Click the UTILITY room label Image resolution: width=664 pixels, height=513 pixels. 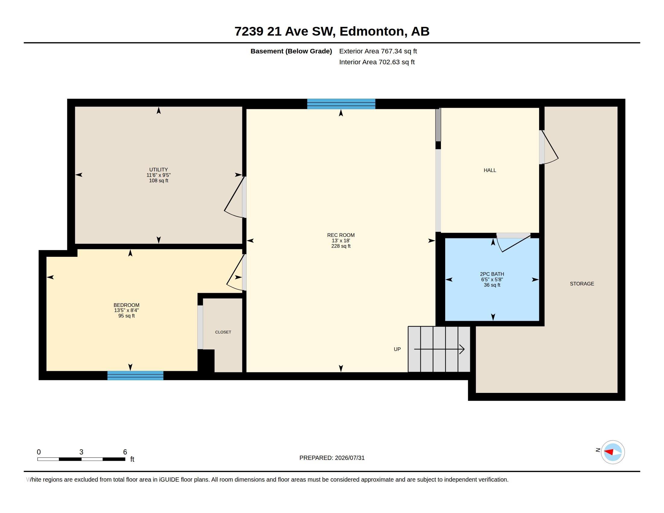(x=158, y=170)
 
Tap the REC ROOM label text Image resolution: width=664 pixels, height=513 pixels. (x=341, y=235)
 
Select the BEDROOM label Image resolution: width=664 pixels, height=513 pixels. (x=126, y=305)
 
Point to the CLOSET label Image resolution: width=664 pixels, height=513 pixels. (x=223, y=332)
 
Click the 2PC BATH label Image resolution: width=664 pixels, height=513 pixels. (x=492, y=274)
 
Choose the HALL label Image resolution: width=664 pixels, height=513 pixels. (x=490, y=170)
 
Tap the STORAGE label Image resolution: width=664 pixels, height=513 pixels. (x=582, y=284)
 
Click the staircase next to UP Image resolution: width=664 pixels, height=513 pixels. (x=439, y=349)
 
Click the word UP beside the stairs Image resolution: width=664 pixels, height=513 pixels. (x=397, y=349)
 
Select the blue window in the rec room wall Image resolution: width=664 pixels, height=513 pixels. (x=341, y=104)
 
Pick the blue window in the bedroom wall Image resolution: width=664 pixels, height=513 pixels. (x=135, y=375)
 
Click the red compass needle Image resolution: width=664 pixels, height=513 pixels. (x=608, y=452)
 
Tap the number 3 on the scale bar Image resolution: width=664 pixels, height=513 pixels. (x=81, y=452)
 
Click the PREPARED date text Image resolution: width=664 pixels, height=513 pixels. (x=332, y=458)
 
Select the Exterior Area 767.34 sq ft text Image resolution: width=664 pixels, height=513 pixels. (x=378, y=51)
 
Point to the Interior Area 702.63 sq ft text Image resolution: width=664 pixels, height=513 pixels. (x=377, y=62)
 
